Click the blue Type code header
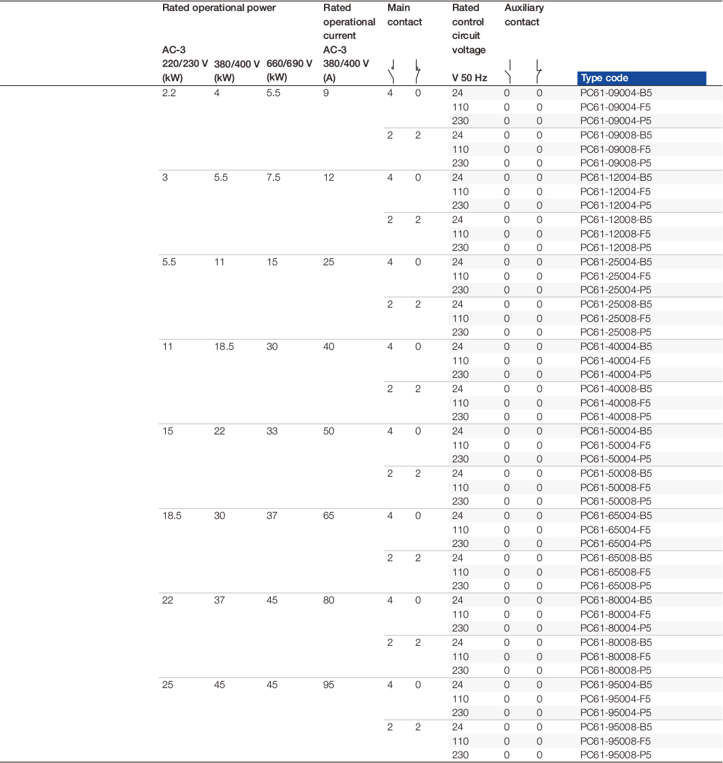click(640, 78)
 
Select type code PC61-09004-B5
click(616, 93)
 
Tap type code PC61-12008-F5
click(615, 234)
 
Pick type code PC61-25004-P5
click(616, 290)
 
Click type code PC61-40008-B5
click(616, 389)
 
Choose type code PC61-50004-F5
click(615, 445)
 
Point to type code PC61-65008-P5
click(616, 586)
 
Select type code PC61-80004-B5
click(616, 601)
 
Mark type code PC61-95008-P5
click(616, 755)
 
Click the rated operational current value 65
click(329, 516)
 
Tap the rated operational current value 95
click(329, 685)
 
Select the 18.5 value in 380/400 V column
click(224, 347)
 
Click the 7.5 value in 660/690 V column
click(273, 178)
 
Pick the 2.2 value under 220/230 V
click(169, 93)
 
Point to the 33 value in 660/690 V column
click(272, 432)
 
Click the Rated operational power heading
click(219, 8)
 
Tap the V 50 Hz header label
click(469, 78)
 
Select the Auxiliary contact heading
click(524, 15)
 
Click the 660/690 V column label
click(289, 63)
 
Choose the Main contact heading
click(404, 15)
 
